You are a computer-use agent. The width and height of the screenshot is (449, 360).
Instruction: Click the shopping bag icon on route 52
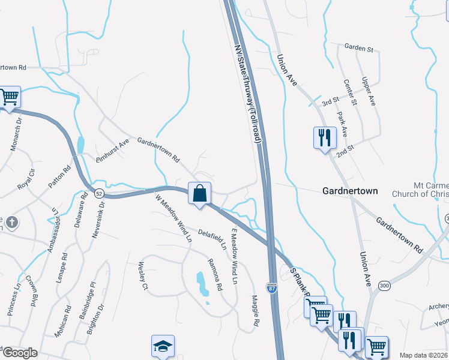(x=200, y=194)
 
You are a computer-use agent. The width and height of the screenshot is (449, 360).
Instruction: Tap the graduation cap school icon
(x=163, y=346)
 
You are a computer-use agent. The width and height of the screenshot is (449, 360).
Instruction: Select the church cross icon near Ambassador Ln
(x=11, y=223)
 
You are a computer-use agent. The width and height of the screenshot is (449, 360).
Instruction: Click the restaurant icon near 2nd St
(x=324, y=137)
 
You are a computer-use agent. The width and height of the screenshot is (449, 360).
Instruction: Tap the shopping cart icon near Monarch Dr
(x=9, y=97)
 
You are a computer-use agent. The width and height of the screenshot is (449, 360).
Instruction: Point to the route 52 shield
(x=99, y=193)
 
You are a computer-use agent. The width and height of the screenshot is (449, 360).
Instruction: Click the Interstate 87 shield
(x=273, y=289)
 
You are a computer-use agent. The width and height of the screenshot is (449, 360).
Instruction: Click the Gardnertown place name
(x=350, y=191)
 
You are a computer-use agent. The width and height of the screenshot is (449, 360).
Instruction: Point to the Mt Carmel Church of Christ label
(x=420, y=190)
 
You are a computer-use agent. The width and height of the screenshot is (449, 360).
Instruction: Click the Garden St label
(x=359, y=46)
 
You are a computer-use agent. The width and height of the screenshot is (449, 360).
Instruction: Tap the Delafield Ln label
(x=212, y=238)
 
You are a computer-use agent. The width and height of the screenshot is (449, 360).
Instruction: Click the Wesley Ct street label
(x=143, y=275)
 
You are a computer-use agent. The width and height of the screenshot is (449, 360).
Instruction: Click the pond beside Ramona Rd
(x=202, y=284)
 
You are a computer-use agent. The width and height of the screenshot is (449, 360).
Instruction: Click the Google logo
(x=20, y=353)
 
